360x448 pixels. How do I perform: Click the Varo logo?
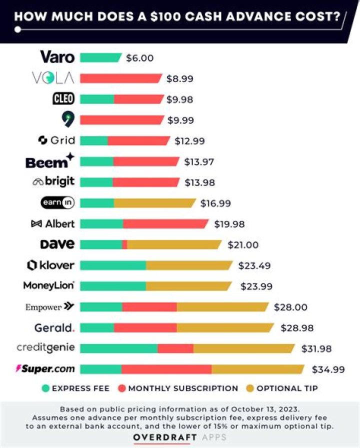point(57,57)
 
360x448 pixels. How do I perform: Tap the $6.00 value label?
point(139,57)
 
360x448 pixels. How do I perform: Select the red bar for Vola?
point(121,78)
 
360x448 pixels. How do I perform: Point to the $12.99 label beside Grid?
point(189,141)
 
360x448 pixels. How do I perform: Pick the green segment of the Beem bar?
point(96,161)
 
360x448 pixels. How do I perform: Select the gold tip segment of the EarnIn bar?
point(154,203)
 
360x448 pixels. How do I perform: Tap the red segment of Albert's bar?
point(165,223)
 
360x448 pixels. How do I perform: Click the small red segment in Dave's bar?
point(124,244)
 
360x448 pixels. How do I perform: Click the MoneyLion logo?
point(49,285)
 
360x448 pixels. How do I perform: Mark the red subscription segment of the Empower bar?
point(149,306)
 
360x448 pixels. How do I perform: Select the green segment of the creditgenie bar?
point(118,348)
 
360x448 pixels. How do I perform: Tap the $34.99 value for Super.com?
point(328,369)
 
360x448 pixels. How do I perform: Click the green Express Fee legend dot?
point(46,388)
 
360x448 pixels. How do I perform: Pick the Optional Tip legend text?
point(287,388)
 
